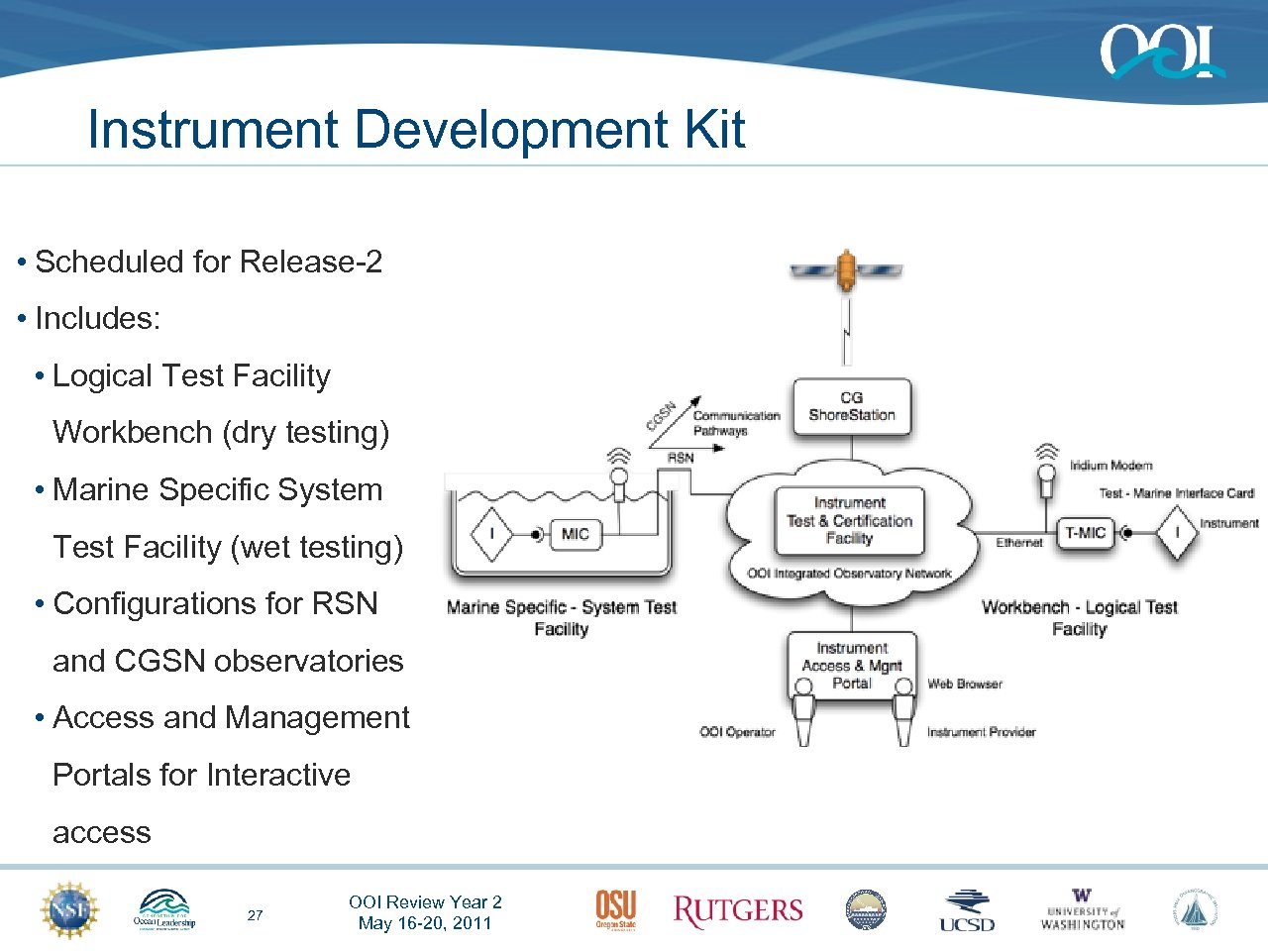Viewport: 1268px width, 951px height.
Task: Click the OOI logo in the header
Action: click(x=1161, y=52)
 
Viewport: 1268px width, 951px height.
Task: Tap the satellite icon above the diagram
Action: click(x=846, y=269)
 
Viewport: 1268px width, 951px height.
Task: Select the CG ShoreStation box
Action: click(x=851, y=407)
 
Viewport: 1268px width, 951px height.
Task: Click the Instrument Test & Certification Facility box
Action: click(x=849, y=521)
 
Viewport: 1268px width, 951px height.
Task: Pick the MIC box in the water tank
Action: click(x=575, y=534)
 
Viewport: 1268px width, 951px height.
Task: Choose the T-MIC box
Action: click(x=1085, y=533)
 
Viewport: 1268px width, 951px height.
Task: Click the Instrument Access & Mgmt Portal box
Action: click(x=852, y=666)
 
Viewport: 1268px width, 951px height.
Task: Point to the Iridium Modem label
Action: click(x=1110, y=466)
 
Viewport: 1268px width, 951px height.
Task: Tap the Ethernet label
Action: click(x=1019, y=543)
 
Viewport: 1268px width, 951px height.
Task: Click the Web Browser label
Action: click(x=965, y=685)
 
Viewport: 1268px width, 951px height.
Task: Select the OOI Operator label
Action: click(x=737, y=732)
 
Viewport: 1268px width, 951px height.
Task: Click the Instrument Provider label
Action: click(x=981, y=732)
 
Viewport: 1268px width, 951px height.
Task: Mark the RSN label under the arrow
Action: click(x=681, y=458)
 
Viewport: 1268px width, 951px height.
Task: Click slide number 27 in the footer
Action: click(x=256, y=915)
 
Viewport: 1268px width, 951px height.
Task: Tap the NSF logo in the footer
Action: click(x=69, y=909)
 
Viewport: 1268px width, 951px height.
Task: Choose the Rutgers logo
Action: click(x=738, y=911)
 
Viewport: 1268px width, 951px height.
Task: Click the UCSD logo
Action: click(x=967, y=911)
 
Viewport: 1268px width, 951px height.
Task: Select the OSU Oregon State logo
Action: click(x=615, y=909)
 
